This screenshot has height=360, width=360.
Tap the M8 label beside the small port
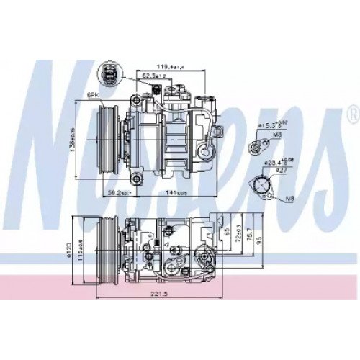277,135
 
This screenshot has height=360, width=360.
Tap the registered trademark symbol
352,113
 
